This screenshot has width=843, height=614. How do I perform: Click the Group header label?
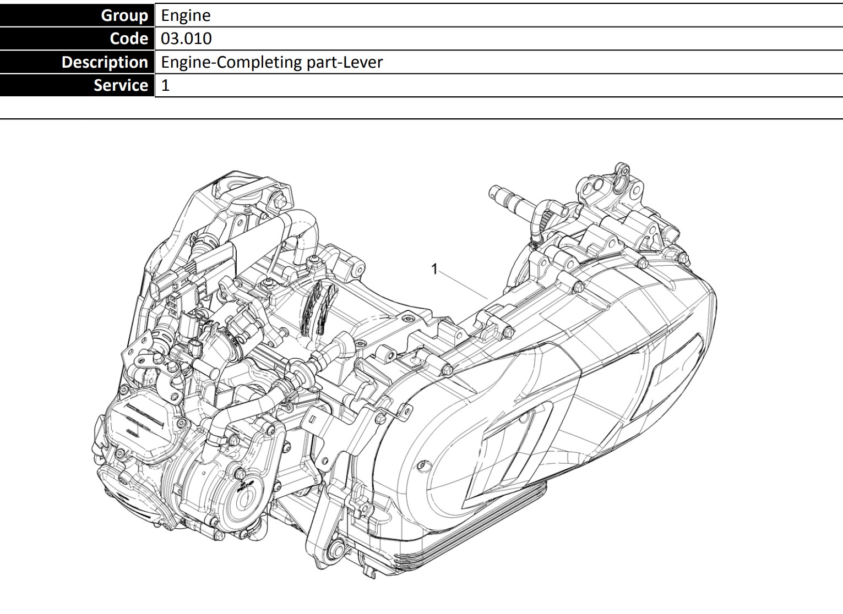coord(124,15)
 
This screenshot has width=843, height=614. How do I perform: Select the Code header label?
coord(129,39)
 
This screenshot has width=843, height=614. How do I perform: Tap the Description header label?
coord(105,62)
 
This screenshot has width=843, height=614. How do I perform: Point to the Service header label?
coord(121,85)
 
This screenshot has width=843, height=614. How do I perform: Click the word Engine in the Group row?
coord(186,16)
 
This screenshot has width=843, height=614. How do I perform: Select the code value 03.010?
coord(186,39)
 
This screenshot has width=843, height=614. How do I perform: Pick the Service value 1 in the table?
coord(165,85)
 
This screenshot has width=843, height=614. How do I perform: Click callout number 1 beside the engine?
coord(434,269)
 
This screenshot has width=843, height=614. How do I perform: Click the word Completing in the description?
coord(259,63)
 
